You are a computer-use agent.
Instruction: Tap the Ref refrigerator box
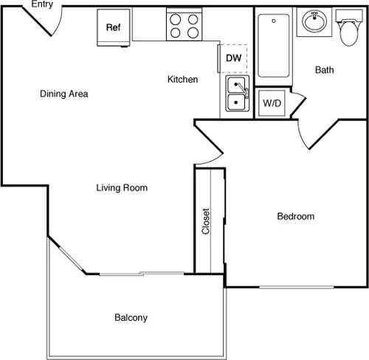click(113, 27)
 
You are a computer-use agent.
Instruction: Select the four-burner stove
click(184, 26)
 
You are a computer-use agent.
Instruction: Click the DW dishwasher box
click(233, 58)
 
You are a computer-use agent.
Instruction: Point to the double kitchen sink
click(236, 94)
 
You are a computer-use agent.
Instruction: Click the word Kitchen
click(182, 79)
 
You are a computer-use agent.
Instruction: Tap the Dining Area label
click(64, 94)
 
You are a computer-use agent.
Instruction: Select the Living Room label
click(122, 188)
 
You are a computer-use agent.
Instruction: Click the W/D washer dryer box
click(272, 103)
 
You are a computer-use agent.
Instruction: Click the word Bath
click(325, 70)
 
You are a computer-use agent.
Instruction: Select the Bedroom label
click(295, 216)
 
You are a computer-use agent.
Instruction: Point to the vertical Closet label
click(207, 221)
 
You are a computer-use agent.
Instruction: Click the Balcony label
click(131, 318)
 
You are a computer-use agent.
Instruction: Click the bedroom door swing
click(310, 133)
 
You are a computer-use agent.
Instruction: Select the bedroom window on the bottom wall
click(295, 286)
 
